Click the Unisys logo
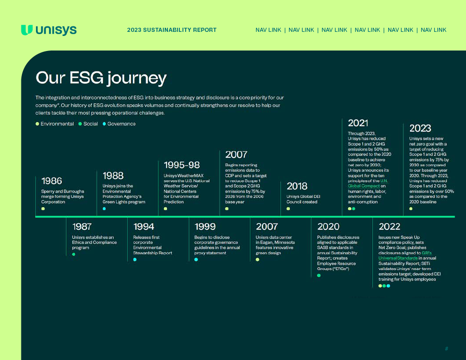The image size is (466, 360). [x=49, y=30]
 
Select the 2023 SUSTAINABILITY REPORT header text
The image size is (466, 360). [x=172, y=30]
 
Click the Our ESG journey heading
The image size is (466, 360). [x=101, y=78]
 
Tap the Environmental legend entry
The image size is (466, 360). [x=55, y=124]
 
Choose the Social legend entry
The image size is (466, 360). [x=88, y=124]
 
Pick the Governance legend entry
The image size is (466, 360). [x=119, y=124]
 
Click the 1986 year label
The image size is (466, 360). [x=52, y=181]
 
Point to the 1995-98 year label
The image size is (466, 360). [x=182, y=165]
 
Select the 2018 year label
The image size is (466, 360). [x=297, y=186]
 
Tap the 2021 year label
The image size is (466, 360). [x=358, y=123]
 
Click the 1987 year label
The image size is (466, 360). [x=82, y=227]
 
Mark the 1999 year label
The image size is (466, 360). [x=205, y=227]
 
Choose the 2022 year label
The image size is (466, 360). [x=390, y=227]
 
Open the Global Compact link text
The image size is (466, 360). [x=364, y=186]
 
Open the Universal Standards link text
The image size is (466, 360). [x=398, y=258]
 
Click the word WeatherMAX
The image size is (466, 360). [x=191, y=176]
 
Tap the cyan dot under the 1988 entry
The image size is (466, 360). [x=104, y=209]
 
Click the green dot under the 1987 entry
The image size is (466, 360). [x=73, y=254]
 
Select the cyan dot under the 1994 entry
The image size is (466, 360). [x=135, y=259]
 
